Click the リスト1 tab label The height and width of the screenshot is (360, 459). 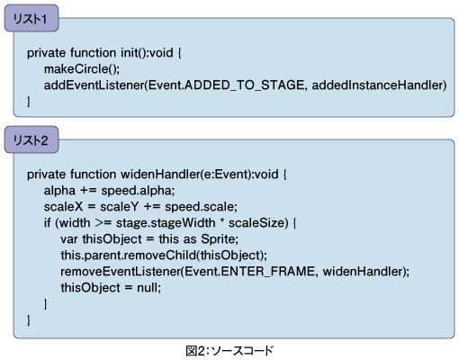point(30,19)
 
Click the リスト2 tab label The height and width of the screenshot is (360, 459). point(31,140)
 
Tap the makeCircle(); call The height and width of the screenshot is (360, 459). point(82,69)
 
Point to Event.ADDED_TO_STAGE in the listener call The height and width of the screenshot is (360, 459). point(226,85)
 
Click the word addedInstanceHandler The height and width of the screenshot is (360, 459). point(377,85)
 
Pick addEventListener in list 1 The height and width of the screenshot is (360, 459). point(94,85)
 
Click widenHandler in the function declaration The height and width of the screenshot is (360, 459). point(160,175)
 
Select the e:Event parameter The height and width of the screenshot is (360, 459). point(226,175)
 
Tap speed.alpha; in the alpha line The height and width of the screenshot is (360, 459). point(138,191)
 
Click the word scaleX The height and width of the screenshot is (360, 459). point(63,207)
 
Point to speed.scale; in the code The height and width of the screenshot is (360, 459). point(201,207)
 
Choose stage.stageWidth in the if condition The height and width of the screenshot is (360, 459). point(166,223)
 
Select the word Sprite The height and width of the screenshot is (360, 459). point(220,239)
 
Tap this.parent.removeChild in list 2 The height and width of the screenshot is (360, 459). point(129,256)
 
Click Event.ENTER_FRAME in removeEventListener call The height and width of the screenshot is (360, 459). point(249,272)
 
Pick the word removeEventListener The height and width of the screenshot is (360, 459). point(121,272)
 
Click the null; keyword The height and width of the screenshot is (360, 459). point(148,288)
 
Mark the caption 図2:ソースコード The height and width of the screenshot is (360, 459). point(229,351)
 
